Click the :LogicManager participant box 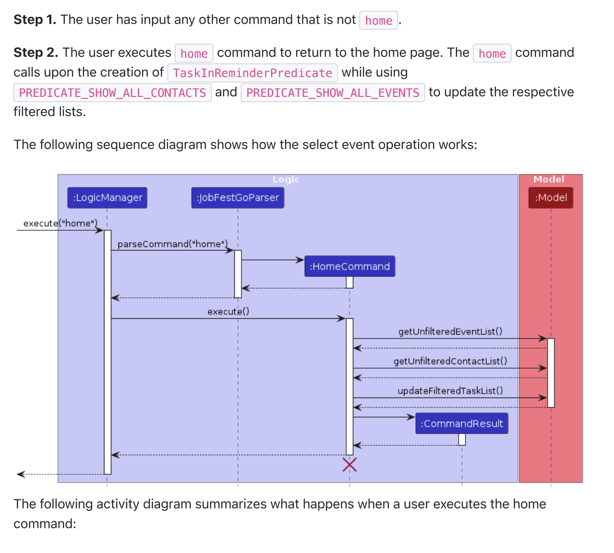[107, 198]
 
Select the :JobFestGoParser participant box [238, 198]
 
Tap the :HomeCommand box [350, 266]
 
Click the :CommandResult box [462, 424]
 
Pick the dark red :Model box [551, 198]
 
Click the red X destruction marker [350, 465]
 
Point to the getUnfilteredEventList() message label [450, 332]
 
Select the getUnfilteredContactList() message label [450, 361]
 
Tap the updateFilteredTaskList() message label [450, 391]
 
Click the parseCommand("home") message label [173, 244]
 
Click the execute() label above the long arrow [228, 311]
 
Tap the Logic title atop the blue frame [286, 179]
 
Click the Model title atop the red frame [549, 179]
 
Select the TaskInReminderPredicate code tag [252, 73]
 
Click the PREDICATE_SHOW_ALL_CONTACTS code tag [112, 92]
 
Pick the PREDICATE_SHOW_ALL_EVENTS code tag [333, 92]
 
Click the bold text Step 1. [35, 20]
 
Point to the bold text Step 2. [36, 53]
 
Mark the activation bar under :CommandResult [462, 439]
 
